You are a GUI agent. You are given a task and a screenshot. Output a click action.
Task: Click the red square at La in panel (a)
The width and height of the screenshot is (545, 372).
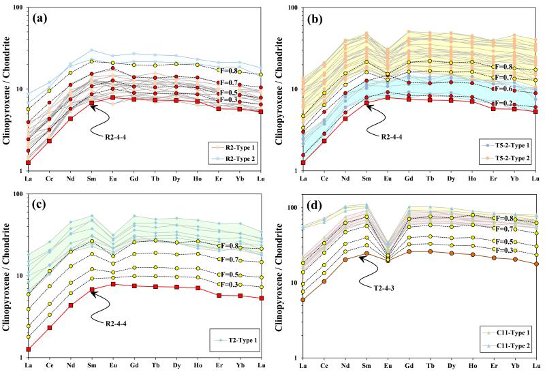pyautogui.click(x=28, y=162)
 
